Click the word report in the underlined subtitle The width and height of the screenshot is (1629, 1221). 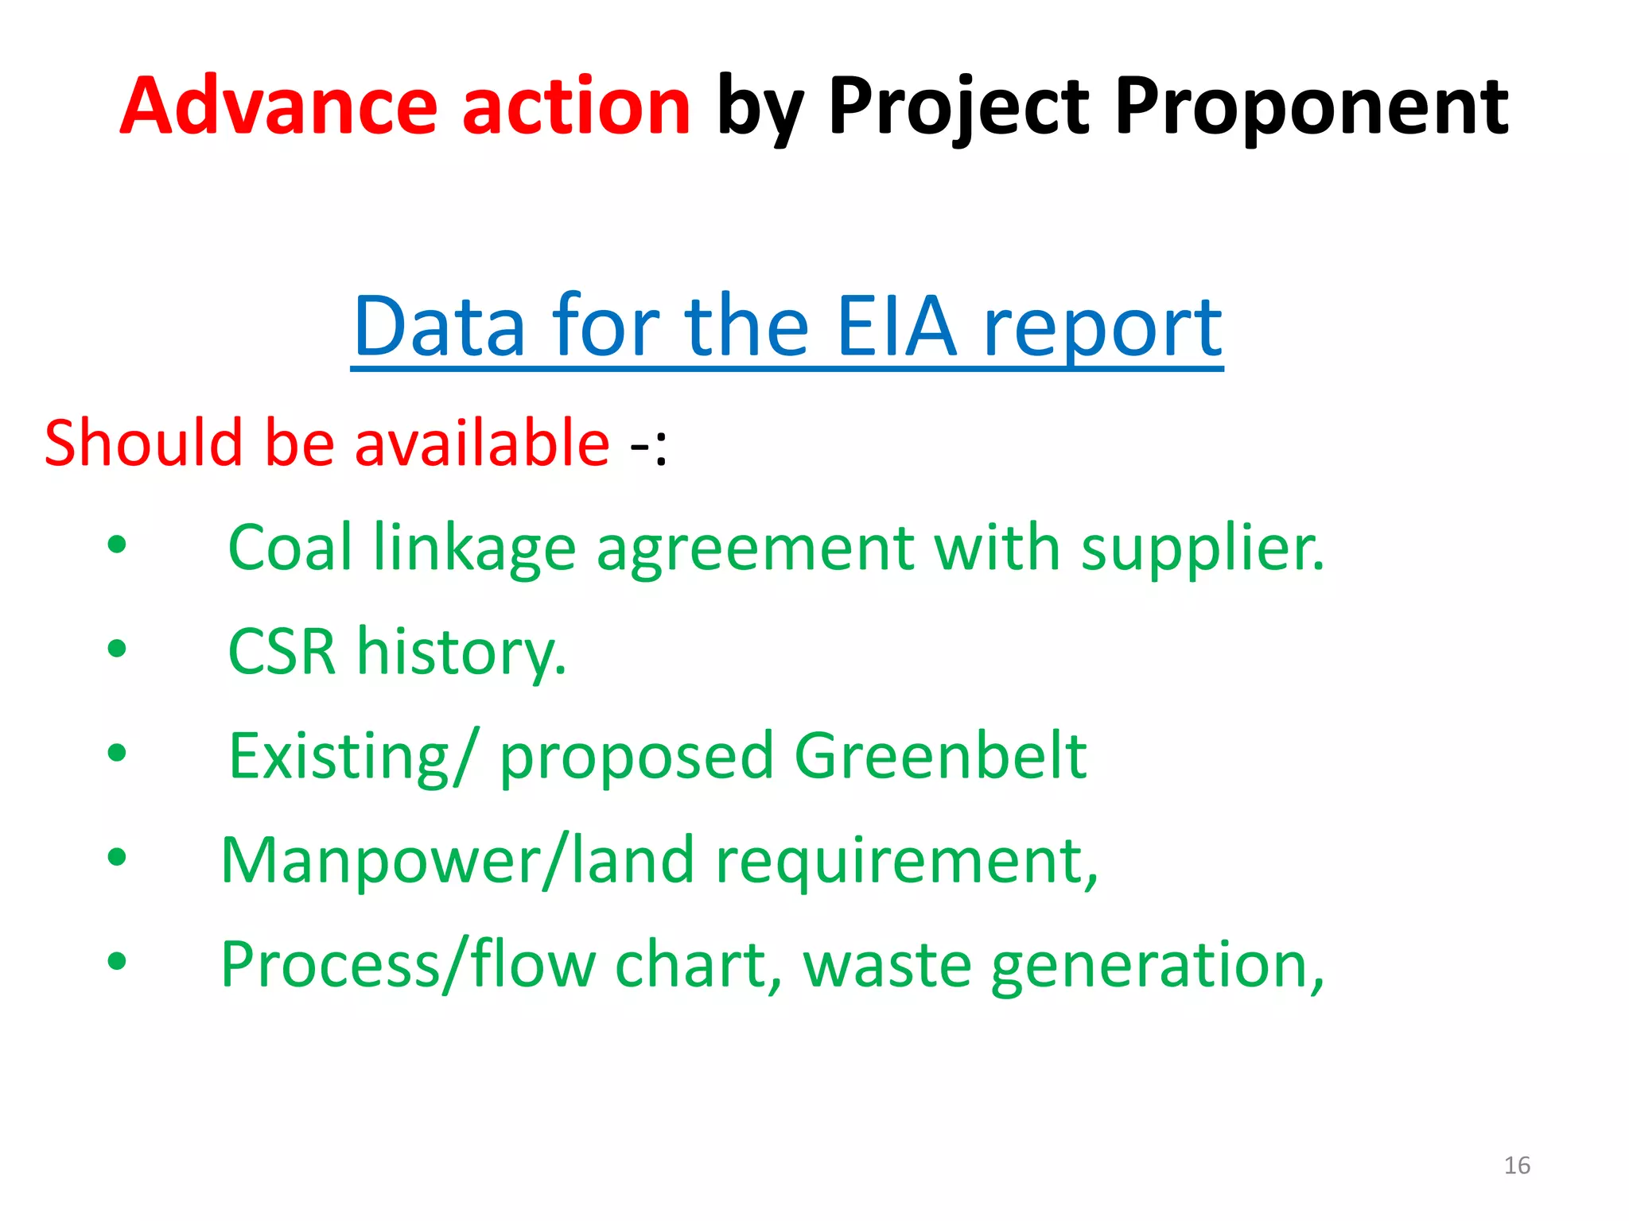pyautogui.click(x=1102, y=328)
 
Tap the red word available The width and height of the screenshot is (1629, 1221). pyautogui.click(x=482, y=443)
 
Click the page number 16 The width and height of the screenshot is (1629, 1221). pyautogui.click(x=1517, y=1165)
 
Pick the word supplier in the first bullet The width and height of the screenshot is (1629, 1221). pyautogui.click(x=1201, y=548)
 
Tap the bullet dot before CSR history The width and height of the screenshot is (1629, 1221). pyautogui.click(x=117, y=649)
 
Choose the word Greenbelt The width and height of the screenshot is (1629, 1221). pyautogui.click(x=940, y=755)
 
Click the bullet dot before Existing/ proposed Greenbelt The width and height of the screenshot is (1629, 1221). pyautogui.click(x=117, y=752)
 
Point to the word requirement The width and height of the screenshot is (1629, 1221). pyautogui.click(x=905, y=861)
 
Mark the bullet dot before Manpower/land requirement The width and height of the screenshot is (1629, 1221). pyautogui.click(x=117, y=857)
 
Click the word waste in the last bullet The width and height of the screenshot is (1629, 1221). pyautogui.click(x=887, y=965)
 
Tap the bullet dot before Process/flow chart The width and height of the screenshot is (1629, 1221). pyautogui.click(x=117, y=961)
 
